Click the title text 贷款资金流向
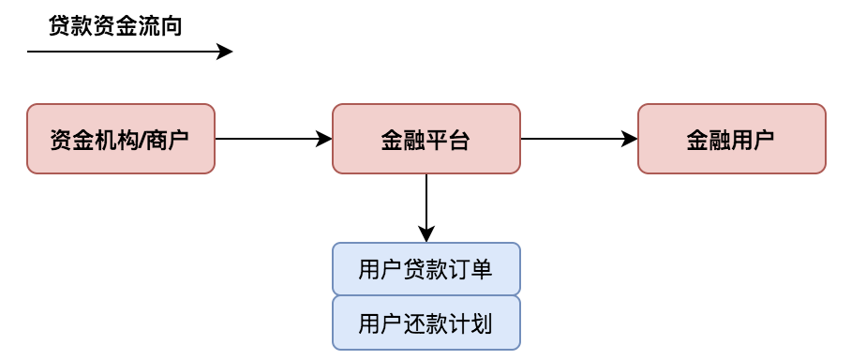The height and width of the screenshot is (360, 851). (x=115, y=26)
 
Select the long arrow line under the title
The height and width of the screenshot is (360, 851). (x=122, y=52)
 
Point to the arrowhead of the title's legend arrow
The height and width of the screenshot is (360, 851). (x=226, y=52)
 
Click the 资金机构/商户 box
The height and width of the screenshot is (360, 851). (x=121, y=139)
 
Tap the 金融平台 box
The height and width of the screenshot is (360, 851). (x=426, y=139)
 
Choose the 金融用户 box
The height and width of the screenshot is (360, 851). (x=731, y=139)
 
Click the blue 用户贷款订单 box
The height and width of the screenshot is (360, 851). (x=426, y=270)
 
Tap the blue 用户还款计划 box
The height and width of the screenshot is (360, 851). (x=426, y=323)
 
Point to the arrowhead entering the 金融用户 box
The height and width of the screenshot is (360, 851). (x=631, y=139)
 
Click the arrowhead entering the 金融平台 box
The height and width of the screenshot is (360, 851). (x=325, y=139)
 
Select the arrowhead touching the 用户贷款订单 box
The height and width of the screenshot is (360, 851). (x=426, y=235)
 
